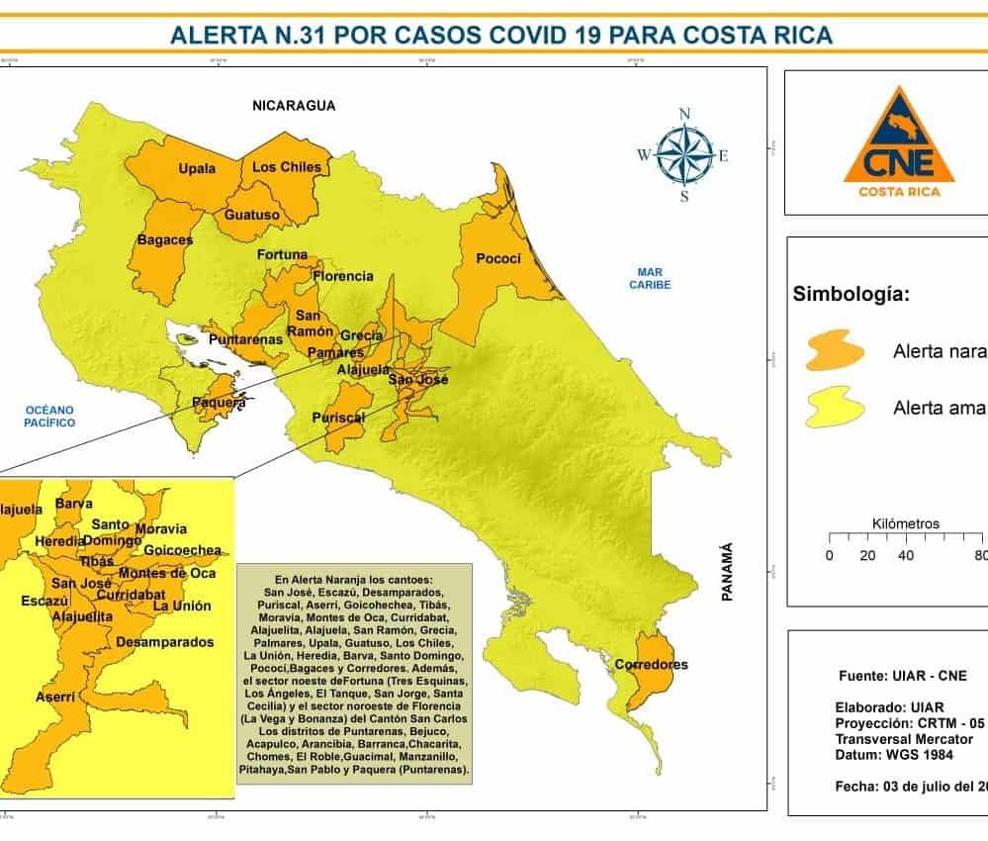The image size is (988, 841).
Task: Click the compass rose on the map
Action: (x=683, y=153)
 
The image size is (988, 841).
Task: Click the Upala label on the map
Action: (x=197, y=168)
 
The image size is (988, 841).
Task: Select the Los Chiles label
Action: (x=287, y=167)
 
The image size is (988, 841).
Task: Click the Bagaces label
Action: (x=165, y=239)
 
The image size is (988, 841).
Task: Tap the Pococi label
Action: (x=498, y=258)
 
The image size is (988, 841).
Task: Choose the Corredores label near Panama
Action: (x=651, y=664)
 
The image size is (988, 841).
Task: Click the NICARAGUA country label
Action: (x=294, y=105)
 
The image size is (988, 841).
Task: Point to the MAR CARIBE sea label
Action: (x=654, y=278)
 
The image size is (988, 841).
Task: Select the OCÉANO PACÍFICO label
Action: (x=50, y=416)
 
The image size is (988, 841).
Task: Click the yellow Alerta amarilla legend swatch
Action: (x=836, y=407)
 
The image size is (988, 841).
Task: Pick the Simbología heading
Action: (x=852, y=295)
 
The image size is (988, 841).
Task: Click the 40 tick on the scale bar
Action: (x=905, y=555)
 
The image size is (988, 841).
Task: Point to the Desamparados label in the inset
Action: (x=164, y=642)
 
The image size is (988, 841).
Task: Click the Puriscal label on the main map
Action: (x=338, y=419)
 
